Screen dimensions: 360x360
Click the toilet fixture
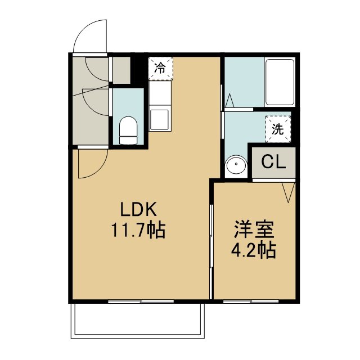(128, 130)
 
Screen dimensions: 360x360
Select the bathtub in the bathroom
(280, 82)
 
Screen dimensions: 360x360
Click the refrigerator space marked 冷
(160, 69)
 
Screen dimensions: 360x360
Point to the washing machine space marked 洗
(278, 129)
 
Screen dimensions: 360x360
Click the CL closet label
(273, 163)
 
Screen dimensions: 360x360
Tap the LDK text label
(138, 209)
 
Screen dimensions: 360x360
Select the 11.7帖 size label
(138, 230)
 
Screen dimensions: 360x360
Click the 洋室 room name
(254, 229)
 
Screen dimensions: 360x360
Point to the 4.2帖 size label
(254, 250)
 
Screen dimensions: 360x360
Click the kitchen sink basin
(160, 119)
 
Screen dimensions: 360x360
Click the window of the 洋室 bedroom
(251, 301)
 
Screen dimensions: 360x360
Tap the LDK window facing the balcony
(141, 301)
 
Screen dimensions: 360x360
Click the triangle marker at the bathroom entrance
(229, 100)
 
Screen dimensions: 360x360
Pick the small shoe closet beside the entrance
(121, 70)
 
